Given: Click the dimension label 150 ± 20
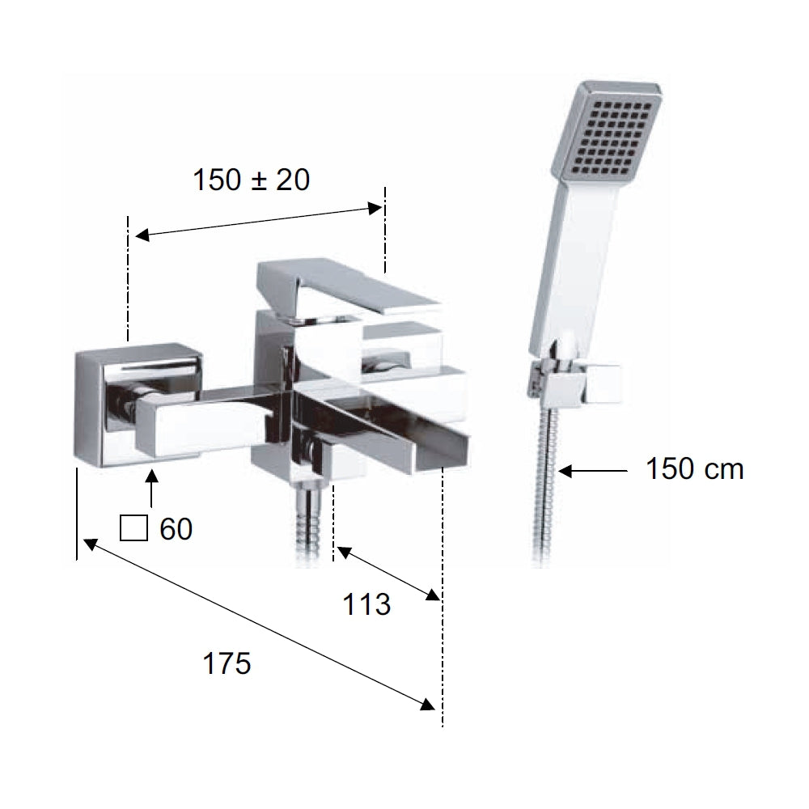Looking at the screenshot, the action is tap(252, 180).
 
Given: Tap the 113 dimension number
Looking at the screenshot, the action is tap(366, 604).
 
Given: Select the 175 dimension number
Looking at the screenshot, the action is tap(227, 663).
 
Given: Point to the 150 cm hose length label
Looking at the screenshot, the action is tap(694, 469).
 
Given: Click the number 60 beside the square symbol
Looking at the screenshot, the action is tap(176, 529).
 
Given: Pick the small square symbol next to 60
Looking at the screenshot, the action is tap(133, 528).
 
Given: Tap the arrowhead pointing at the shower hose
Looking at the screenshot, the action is tap(565, 471).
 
